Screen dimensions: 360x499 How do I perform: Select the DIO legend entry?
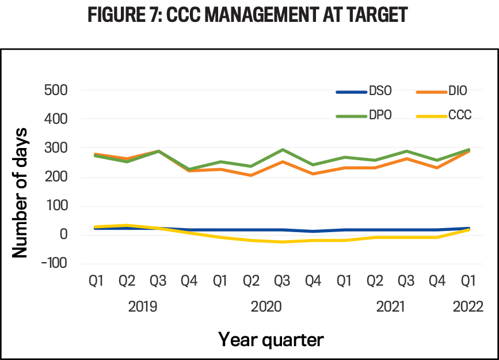(447, 91)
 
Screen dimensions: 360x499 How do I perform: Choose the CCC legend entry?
(447, 115)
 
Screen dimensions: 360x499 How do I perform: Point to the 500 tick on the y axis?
(56, 90)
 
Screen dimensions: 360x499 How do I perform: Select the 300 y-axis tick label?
(56, 148)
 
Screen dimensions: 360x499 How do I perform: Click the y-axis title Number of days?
(21, 177)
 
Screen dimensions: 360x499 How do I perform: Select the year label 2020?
(266, 306)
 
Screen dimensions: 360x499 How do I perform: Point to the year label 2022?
(468, 306)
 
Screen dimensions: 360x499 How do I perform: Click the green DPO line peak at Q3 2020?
(282, 150)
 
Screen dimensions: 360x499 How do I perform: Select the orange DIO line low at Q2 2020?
(251, 175)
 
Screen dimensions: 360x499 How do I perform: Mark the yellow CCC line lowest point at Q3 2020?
(282, 242)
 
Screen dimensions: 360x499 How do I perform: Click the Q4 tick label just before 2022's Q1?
(437, 282)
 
